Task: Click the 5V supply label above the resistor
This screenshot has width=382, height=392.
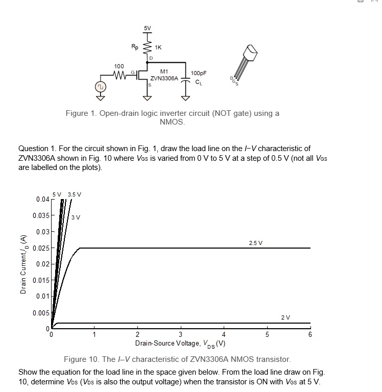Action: [147, 28]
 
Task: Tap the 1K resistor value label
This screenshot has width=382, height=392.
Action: [158, 47]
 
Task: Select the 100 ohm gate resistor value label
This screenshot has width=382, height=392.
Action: [118, 67]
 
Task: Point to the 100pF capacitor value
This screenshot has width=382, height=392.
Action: [199, 73]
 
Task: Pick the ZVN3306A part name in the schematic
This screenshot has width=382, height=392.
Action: [164, 79]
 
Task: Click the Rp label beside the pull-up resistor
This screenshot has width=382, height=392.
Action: [135, 46]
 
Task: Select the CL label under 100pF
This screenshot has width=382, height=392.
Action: [198, 80]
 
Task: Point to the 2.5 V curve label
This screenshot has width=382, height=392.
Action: [256, 242]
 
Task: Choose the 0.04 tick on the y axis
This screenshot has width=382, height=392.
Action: [43, 199]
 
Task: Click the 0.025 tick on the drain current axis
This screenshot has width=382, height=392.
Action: [41, 248]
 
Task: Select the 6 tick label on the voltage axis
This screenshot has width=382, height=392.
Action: [309, 335]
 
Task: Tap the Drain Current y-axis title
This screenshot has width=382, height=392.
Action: [22, 264]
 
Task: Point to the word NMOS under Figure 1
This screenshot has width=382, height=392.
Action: [172, 122]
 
